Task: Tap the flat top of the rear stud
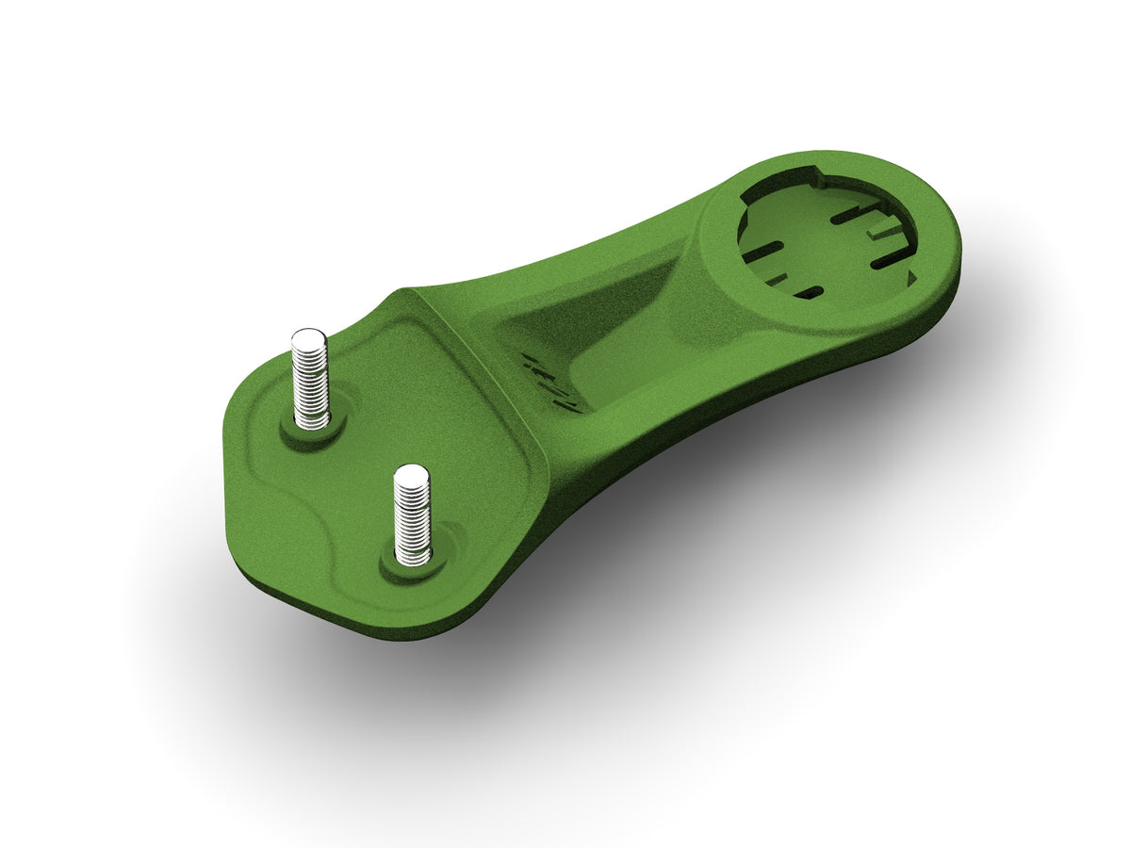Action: pyautogui.click(x=308, y=337)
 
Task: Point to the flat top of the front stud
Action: pyautogui.click(x=411, y=475)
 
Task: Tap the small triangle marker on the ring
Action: pyautogui.click(x=910, y=276)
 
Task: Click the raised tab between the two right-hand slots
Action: pyautogui.click(x=886, y=231)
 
